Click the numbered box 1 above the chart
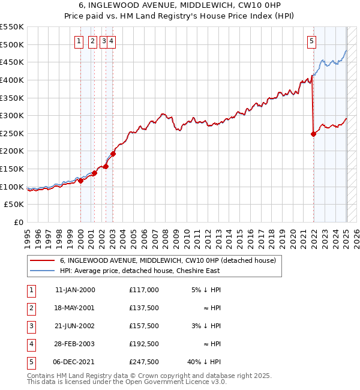pyautogui.click(x=79, y=41)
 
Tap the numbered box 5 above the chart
pyautogui.click(x=311, y=41)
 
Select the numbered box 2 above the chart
pyautogui.click(x=92, y=41)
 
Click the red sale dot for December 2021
pyautogui.click(x=313, y=134)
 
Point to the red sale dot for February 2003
pyautogui.click(x=113, y=154)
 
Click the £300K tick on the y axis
pyautogui.click(x=13, y=115)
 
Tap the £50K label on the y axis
pyautogui.click(x=15, y=205)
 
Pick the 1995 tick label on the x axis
pyautogui.click(x=28, y=235)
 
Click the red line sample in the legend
pyautogui.click(x=42, y=261)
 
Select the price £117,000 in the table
pyautogui.click(x=144, y=290)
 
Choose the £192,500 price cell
pyautogui.click(x=144, y=344)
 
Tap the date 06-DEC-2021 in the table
pyautogui.click(x=74, y=362)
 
